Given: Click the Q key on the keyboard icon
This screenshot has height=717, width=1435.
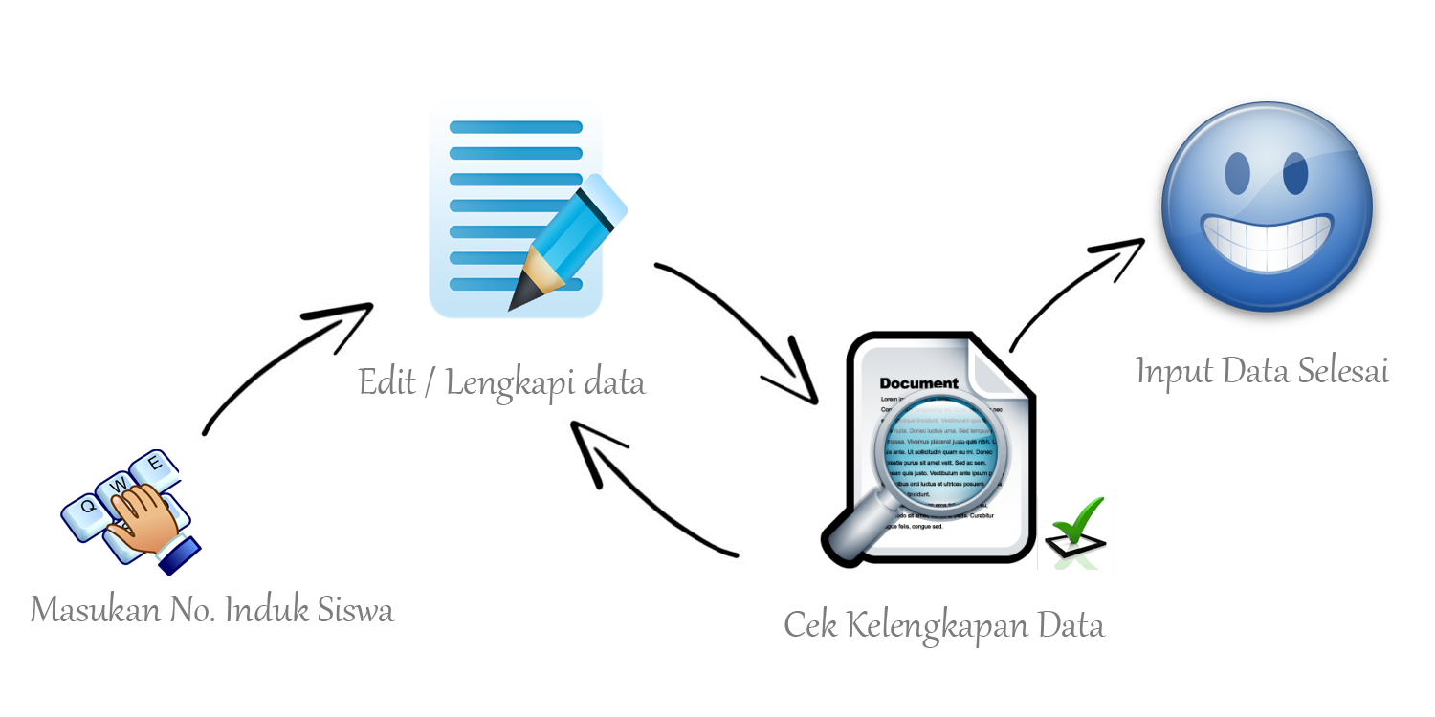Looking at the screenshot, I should tap(87, 507).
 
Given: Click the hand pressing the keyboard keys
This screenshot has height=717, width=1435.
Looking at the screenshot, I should tap(143, 521).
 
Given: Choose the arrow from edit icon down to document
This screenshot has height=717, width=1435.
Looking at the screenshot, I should tap(746, 325).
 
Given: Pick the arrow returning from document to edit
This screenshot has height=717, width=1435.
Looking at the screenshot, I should tap(651, 497).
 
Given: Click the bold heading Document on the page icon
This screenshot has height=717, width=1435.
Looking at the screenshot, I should tap(918, 383).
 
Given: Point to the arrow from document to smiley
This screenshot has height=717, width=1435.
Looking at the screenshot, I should tap(1071, 287).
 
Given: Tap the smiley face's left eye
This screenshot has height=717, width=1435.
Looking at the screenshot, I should tap(1237, 172).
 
